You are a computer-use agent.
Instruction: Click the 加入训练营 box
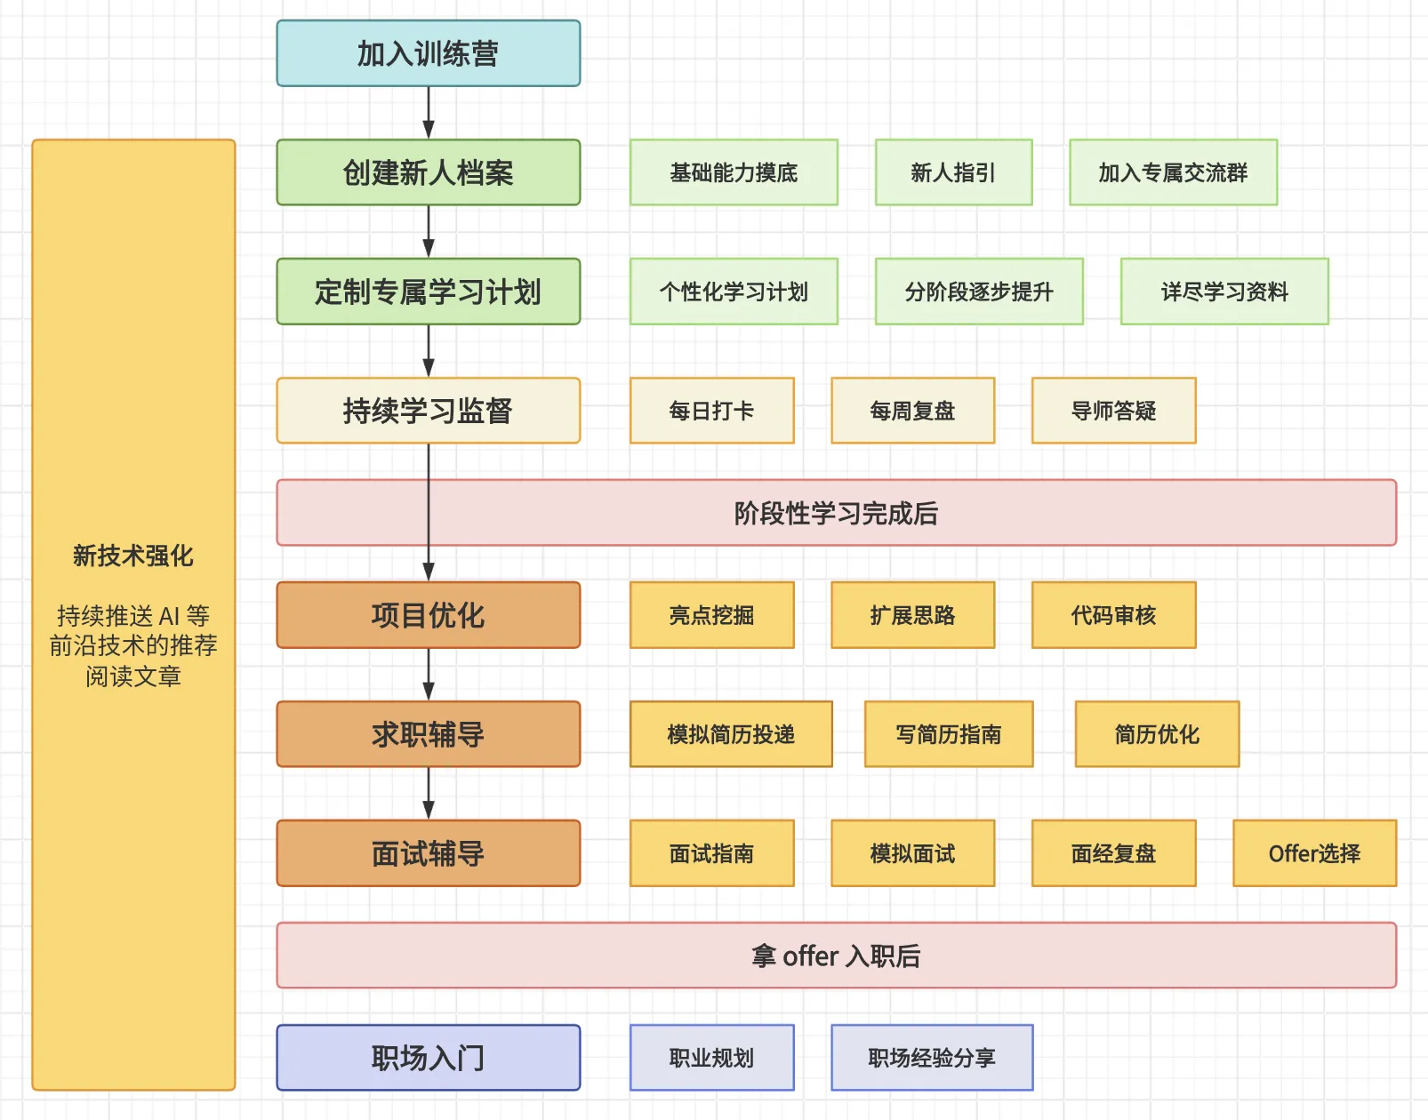[428, 53]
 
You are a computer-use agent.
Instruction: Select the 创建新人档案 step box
[428, 172]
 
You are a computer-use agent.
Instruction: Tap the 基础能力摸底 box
[734, 172]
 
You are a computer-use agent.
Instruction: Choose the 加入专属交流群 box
[1173, 172]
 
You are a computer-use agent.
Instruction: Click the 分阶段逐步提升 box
[979, 292]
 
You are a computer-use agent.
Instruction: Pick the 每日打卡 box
[711, 411]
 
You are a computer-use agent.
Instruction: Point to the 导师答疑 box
[1113, 411]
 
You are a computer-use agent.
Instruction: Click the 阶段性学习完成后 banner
[836, 513]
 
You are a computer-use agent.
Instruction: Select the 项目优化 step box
[428, 615]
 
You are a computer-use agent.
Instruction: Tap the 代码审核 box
[1113, 615]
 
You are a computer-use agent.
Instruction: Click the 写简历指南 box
[949, 734]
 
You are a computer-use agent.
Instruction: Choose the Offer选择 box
[1314, 853]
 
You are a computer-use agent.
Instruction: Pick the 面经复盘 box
[1113, 853]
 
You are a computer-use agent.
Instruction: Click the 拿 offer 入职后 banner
[836, 956]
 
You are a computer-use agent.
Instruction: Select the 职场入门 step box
[428, 1058]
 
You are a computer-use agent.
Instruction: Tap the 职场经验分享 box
[932, 1058]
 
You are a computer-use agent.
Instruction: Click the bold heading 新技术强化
[133, 556]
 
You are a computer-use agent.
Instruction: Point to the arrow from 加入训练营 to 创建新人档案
[429, 112]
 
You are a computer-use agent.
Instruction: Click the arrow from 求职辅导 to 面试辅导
[429, 793]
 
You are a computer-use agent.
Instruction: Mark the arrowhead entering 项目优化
[429, 572]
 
